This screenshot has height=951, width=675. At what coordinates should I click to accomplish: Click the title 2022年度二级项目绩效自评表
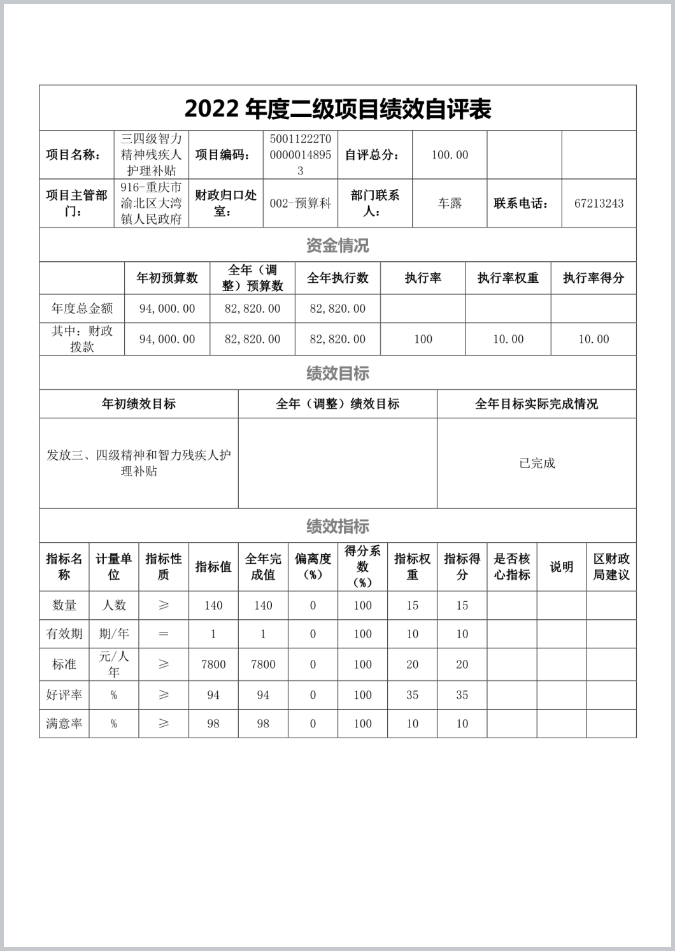pos(337,109)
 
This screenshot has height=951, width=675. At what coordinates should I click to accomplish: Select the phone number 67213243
pos(599,204)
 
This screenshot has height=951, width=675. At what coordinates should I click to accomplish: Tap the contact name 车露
pos(450,204)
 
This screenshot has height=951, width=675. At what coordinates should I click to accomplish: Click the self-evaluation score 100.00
pos(450,155)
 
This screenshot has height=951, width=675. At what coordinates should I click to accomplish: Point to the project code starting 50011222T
pos(301,155)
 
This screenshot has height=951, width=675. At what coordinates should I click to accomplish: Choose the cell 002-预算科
pos(301,204)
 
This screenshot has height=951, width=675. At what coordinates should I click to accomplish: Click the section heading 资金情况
pos(337,245)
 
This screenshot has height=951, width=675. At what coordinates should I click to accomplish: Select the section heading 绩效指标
pos(337,526)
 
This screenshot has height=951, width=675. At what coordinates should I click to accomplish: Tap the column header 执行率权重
pos(508,278)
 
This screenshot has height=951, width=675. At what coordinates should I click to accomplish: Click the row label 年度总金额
pos(82,309)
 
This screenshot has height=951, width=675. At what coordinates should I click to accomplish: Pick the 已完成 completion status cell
pos(537,463)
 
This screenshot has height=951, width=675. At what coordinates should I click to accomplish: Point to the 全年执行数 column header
pos(337,278)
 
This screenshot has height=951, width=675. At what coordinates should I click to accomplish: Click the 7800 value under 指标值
pos(213,664)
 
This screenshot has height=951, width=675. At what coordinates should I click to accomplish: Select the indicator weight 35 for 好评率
pos(413,695)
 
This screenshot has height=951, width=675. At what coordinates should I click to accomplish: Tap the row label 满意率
pos(64,724)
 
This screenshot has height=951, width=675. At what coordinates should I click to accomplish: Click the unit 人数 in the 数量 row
pos(114,605)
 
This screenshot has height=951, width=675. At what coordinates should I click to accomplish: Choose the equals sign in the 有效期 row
pos(164,634)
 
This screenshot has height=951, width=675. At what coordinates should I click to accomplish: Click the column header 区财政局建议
pos(611,566)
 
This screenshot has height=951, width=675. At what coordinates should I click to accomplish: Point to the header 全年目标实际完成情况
pos(537,404)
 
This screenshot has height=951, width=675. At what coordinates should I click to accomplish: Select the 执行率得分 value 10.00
pos(593,340)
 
